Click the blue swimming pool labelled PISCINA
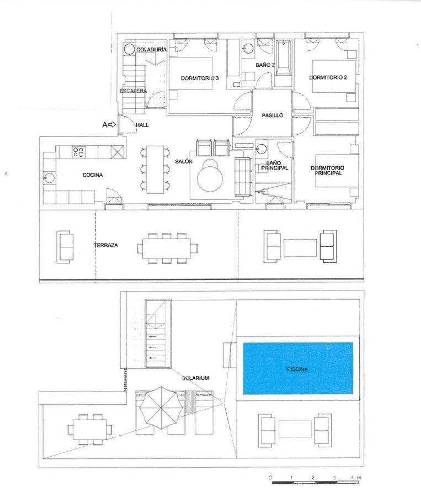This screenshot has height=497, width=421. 298,368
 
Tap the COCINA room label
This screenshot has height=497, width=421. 93,175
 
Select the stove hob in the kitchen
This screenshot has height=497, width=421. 78,152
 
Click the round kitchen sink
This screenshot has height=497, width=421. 50,178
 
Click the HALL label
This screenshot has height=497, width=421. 142,125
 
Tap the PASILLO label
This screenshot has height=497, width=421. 273,115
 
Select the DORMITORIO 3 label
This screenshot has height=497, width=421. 200,78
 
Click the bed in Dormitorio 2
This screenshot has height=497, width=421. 334,76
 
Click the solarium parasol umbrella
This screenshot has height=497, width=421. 161,408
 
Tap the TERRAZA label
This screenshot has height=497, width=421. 106,245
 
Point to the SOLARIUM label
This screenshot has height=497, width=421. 195,378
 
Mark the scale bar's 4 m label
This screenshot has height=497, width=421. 355,477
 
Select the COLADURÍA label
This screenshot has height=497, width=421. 151,50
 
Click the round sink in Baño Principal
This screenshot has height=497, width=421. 262,149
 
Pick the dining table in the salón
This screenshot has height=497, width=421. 155,170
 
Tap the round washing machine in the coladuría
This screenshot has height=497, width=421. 130,49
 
